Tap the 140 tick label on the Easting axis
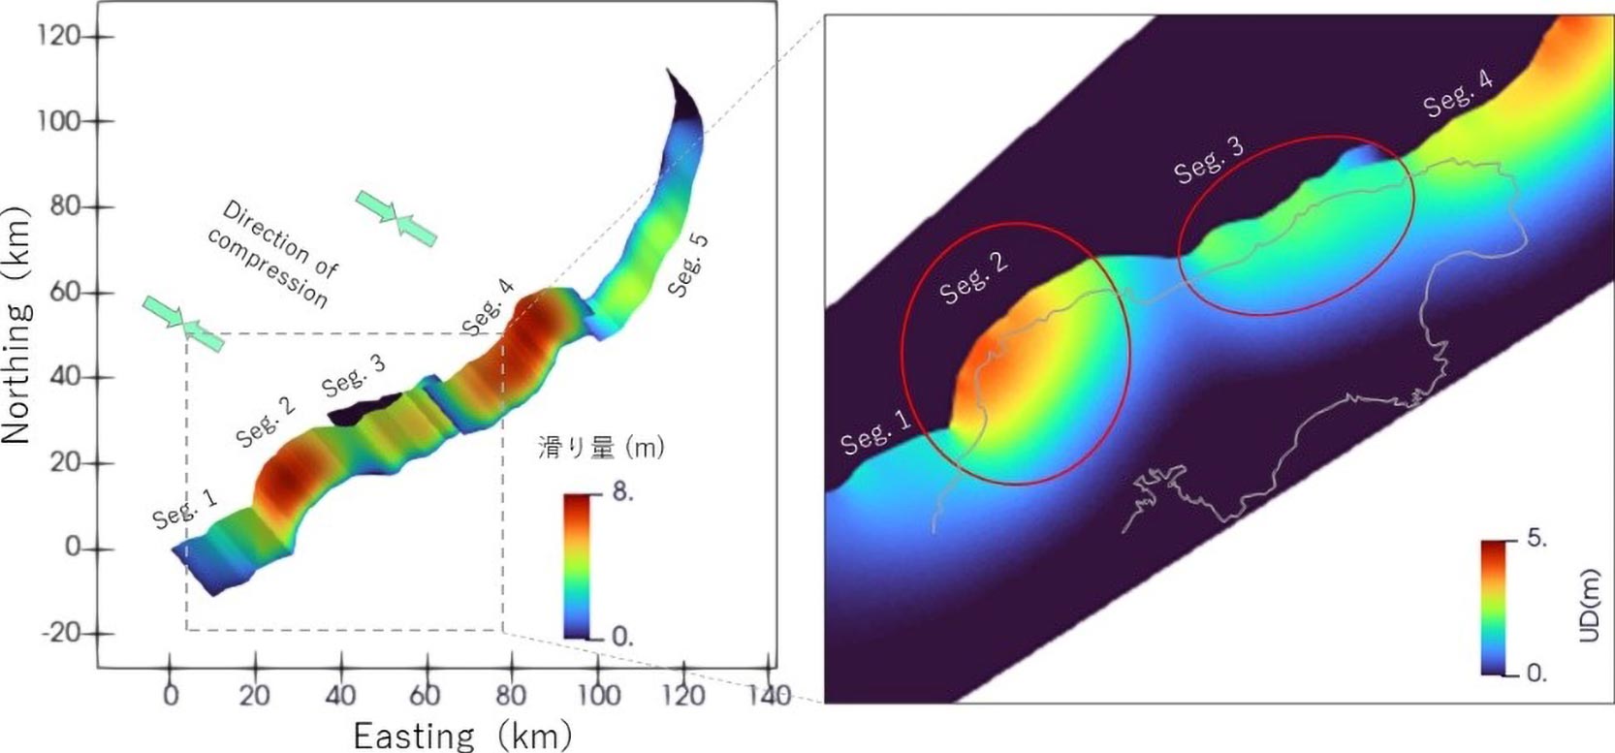(771, 696)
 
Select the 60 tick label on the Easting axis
(426, 696)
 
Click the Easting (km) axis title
(461, 736)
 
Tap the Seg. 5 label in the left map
(688, 264)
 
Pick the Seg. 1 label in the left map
(184, 507)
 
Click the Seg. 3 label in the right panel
(1208, 160)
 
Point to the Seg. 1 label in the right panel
(875, 432)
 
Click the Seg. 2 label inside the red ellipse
(974, 279)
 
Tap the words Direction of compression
(273, 253)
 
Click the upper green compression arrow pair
(396, 217)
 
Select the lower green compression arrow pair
(182, 323)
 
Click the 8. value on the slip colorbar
(622, 492)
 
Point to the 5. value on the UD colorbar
(1536, 539)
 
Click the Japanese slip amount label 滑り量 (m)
(601, 447)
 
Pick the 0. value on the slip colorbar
(622, 637)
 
